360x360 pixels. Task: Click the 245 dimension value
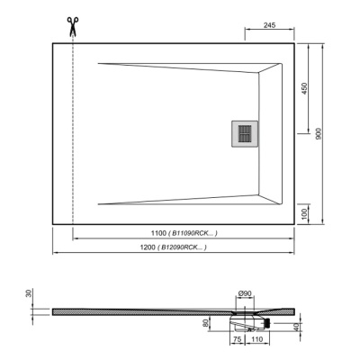point(270,25)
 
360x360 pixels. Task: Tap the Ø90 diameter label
point(244,294)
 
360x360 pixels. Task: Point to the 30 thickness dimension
point(30,293)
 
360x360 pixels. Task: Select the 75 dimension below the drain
point(236,341)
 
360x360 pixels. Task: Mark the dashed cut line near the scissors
point(70,135)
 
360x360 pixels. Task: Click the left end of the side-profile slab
point(54,310)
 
